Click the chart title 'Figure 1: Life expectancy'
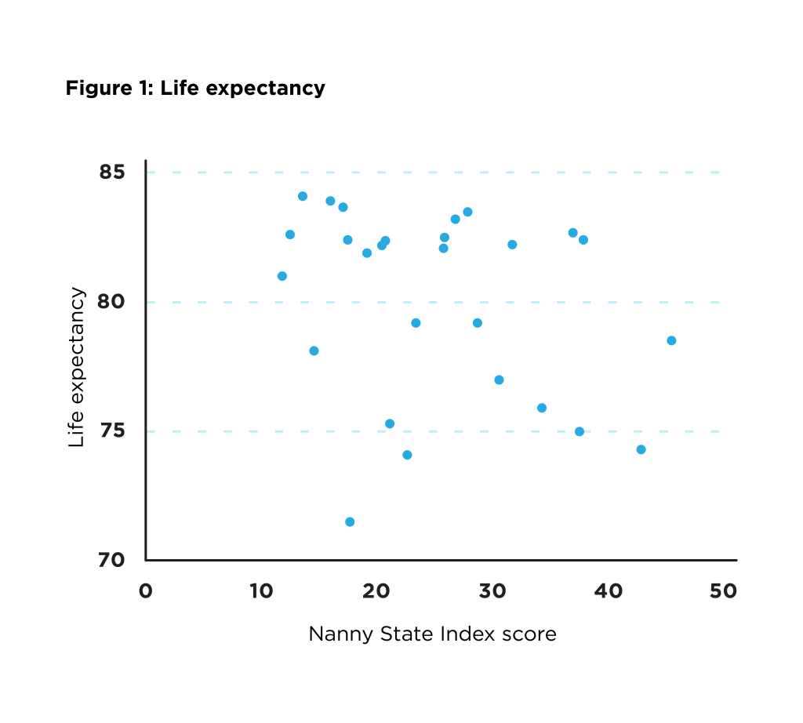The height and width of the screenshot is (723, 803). point(195,88)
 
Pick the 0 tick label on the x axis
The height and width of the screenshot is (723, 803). point(146,590)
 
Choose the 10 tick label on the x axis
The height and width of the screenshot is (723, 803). point(260,590)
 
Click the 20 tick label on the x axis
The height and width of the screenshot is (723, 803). point(377,590)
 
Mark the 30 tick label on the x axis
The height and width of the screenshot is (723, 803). point(492,590)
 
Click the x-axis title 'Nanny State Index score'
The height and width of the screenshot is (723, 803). point(432,634)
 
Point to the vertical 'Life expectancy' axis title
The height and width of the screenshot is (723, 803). point(76,367)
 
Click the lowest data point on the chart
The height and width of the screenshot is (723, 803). point(350,522)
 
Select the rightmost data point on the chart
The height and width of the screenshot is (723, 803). point(671,340)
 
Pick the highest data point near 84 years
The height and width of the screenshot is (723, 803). point(303,196)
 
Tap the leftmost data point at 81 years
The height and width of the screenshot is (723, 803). point(282,276)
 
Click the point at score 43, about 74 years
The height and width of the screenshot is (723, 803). point(641,449)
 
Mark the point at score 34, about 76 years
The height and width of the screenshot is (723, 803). point(542,408)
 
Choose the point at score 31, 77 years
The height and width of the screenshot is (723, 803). point(499,380)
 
